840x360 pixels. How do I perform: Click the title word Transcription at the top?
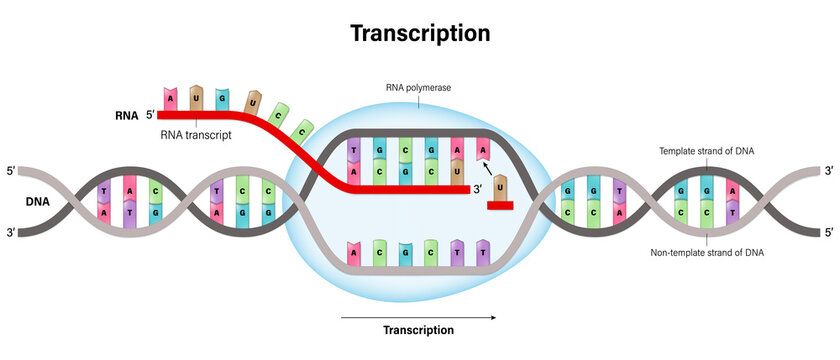420,33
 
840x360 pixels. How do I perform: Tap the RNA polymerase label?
419,88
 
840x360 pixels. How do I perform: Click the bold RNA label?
125,116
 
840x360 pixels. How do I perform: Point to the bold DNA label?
39,200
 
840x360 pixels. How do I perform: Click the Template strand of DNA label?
706,151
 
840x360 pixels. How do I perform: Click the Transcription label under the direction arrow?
418,330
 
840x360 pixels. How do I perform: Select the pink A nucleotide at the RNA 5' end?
171,100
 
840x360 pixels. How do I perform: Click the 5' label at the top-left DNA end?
11,170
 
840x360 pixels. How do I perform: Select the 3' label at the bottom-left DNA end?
11,233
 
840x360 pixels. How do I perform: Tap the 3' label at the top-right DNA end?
828,170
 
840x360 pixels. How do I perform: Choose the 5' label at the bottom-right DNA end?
828,233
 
